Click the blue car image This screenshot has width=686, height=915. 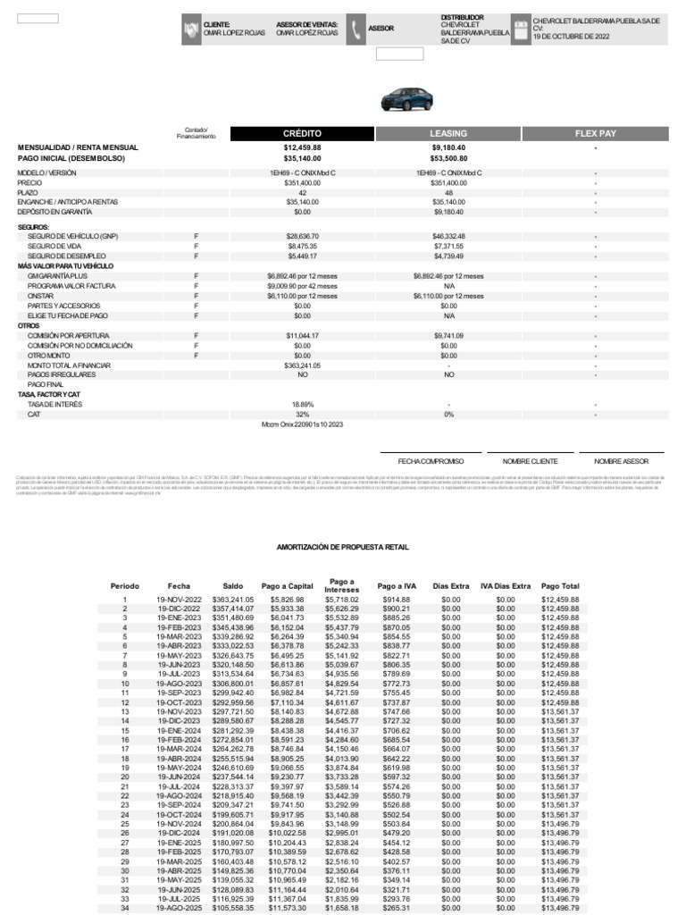pos(406,98)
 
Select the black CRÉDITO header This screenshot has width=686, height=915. pos(302,134)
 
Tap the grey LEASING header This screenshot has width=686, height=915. pos(448,134)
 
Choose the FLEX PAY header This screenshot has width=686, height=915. pos(595,134)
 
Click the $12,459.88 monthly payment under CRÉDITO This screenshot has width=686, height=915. pos(302,147)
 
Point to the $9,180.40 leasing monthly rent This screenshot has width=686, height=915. pos(448,147)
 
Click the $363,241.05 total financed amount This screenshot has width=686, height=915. pos(302,365)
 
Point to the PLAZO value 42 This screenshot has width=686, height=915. pos(302,192)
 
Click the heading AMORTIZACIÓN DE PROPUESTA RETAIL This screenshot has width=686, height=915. pos(343,545)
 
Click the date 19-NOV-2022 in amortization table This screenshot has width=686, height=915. pos(180,600)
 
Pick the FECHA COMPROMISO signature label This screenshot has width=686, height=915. pos(431,461)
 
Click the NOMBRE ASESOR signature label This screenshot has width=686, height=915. pos(622,461)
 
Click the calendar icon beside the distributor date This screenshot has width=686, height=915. pos(521,29)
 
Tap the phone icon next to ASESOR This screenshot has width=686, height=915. pos(355,29)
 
